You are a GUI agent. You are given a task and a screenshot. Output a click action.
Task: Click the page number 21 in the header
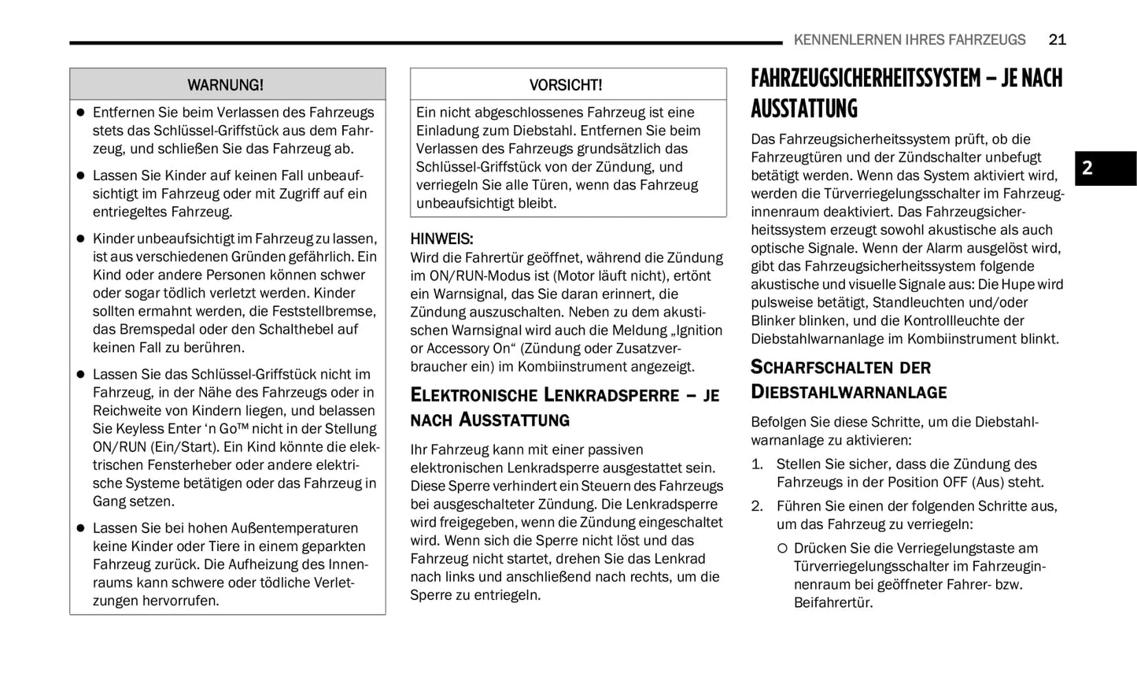1057,39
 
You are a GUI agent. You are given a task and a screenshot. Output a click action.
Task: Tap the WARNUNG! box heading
225,85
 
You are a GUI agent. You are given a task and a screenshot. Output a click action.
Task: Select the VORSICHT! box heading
566,85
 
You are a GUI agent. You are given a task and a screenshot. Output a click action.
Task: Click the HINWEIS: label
441,239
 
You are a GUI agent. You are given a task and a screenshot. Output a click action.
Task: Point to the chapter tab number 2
1087,168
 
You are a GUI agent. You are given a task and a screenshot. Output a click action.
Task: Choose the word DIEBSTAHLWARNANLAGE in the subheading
848,392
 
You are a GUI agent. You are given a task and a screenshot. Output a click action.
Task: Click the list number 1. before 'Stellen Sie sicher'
757,464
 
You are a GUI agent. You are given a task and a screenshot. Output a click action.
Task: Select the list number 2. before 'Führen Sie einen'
757,506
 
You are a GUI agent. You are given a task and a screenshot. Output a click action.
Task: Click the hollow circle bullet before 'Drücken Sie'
782,549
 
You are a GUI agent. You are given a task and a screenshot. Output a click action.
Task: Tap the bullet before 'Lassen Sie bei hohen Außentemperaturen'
80,528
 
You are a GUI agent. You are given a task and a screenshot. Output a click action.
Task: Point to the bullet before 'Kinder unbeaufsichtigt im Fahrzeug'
80,239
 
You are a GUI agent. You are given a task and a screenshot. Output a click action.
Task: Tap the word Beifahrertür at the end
832,603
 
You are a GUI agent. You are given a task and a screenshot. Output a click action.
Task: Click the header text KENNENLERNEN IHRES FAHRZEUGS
910,39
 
